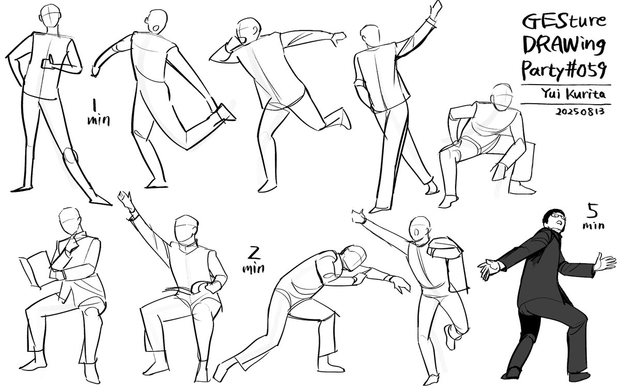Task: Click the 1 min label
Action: point(99,113)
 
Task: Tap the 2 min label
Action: point(253,259)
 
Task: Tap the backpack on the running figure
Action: point(447,258)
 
